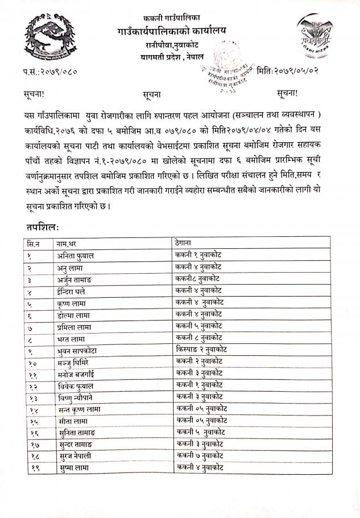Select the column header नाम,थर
(x=71, y=244)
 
